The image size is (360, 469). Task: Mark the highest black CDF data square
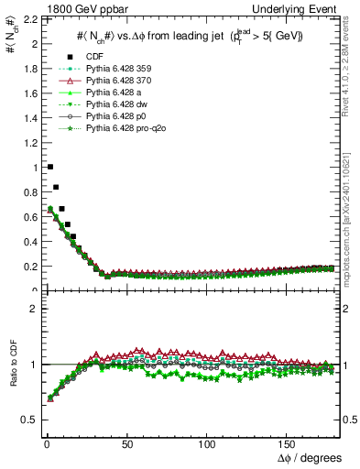tap(49, 167)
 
